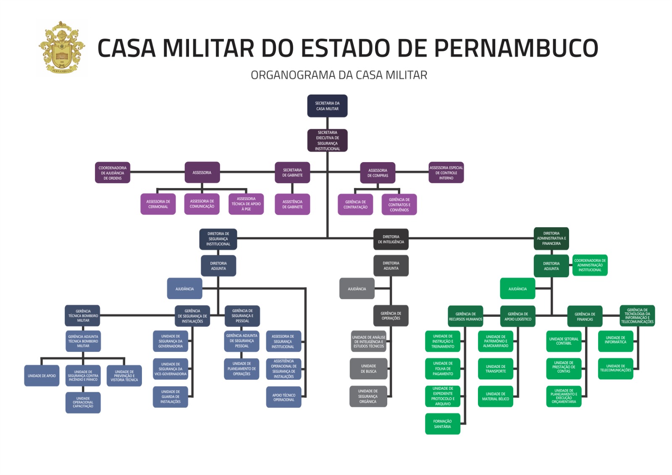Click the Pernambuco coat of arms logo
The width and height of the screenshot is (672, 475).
pyautogui.click(x=62, y=47)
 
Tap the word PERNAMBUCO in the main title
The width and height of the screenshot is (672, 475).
pyautogui.click(x=516, y=48)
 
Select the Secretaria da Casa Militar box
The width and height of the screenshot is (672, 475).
pyautogui.click(x=327, y=106)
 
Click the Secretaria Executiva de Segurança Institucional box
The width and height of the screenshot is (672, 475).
pyautogui.click(x=327, y=140)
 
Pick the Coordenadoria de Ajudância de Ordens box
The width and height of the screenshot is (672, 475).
pyautogui.click(x=112, y=173)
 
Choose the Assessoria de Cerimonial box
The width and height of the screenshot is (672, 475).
pyautogui.click(x=158, y=204)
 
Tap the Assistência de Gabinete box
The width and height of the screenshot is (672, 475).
pyautogui.click(x=292, y=204)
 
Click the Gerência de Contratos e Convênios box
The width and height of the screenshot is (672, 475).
pyautogui.click(x=399, y=205)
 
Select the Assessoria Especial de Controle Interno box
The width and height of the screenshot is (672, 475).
pyautogui.click(x=446, y=173)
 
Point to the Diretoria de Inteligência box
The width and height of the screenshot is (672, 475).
pyautogui.click(x=391, y=239)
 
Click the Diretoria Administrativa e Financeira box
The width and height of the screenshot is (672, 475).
pyautogui.click(x=551, y=239)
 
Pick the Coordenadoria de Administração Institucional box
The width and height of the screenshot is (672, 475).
pyautogui.click(x=590, y=265)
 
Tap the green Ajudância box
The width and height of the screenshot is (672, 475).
pyautogui.click(x=517, y=289)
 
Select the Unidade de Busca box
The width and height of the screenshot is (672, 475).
pyautogui.click(x=368, y=369)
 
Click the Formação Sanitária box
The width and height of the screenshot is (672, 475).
pyautogui.click(x=442, y=424)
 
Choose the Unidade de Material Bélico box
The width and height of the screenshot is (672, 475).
pyautogui.click(x=496, y=396)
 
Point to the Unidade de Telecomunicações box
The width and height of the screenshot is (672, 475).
pyautogui.click(x=615, y=368)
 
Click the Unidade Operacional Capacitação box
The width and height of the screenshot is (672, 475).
pyautogui.click(x=83, y=402)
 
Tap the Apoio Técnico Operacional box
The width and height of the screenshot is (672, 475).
pyautogui.click(x=283, y=397)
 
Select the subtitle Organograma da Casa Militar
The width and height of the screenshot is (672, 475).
pyautogui.click(x=339, y=75)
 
